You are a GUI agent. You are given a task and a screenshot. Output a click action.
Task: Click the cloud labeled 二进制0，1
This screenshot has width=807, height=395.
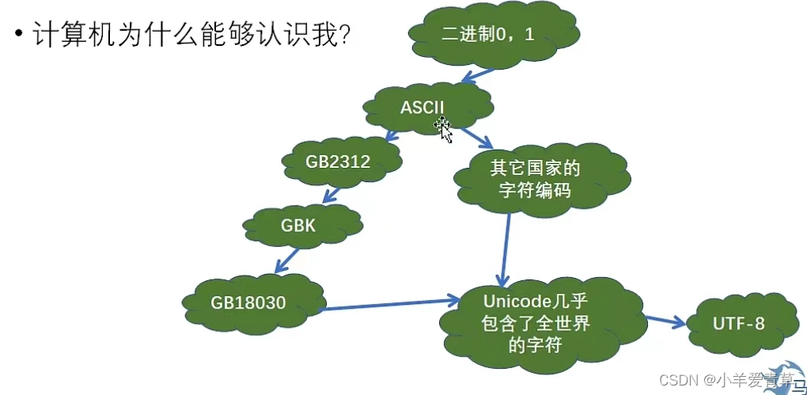tap(494, 34)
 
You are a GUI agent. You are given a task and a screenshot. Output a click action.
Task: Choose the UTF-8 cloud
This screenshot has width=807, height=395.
tap(738, 324)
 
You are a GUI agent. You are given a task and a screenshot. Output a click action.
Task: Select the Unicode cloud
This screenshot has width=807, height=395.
tap(536, 322)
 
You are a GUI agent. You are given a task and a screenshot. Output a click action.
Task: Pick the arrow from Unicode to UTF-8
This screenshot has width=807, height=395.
tap(664, 321)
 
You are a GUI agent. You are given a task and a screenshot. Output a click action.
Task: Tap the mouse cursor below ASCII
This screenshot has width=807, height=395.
tap(444, 130)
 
